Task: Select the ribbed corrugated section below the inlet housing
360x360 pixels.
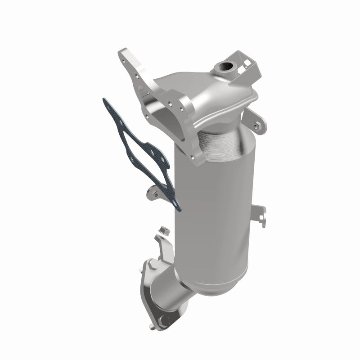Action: pos(219,135)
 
